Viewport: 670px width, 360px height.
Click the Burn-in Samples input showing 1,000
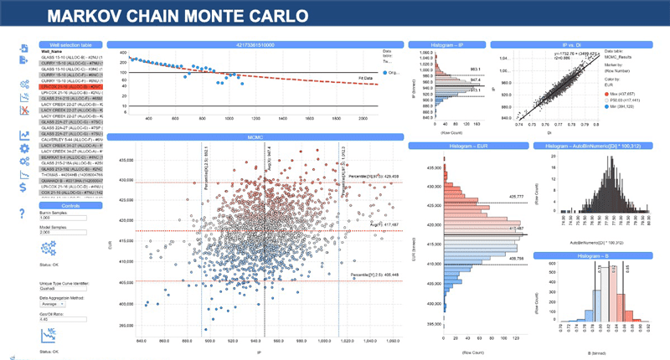[x=59, y=218]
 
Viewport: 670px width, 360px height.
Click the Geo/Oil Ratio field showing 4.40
[x=59, y=319]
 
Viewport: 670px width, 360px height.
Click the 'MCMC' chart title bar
[x=255, y=136]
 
